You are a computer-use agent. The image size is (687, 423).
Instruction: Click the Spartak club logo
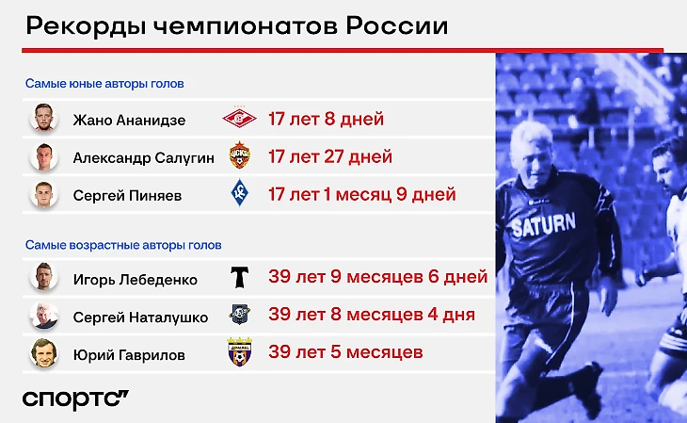(239, 117)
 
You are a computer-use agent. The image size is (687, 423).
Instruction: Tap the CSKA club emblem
(240, 155)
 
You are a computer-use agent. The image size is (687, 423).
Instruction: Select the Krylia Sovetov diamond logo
(240, 192)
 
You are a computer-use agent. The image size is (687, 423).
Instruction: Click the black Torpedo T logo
(240, 277)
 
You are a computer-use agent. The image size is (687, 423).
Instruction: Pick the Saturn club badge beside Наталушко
(240, 314)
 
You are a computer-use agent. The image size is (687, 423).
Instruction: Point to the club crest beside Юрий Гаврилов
(240, 352)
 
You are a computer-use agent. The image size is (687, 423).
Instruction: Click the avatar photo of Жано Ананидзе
(44, 118)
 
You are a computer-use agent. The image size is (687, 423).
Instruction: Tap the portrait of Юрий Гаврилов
(44, 352)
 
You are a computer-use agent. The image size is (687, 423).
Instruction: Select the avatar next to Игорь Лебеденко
(44, 277)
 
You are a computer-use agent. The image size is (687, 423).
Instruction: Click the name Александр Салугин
(144, 157)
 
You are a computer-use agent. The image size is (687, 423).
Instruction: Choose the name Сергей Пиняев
(127, 195)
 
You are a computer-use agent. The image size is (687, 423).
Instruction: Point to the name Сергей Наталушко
(140, 317)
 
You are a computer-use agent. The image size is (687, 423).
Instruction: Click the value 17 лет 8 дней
(326, 119)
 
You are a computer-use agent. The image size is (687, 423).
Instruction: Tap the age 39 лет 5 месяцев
(345, 352)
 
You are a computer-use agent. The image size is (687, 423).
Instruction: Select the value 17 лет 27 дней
(330, 156)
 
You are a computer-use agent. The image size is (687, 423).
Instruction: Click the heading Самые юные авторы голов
(104, 83)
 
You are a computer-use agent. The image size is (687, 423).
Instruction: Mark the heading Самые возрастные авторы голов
(123, 245)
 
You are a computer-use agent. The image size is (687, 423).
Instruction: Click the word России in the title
(397, 25)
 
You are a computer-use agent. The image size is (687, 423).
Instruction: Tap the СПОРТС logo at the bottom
(75, 399)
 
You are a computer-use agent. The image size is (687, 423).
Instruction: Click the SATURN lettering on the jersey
(543, 224)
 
